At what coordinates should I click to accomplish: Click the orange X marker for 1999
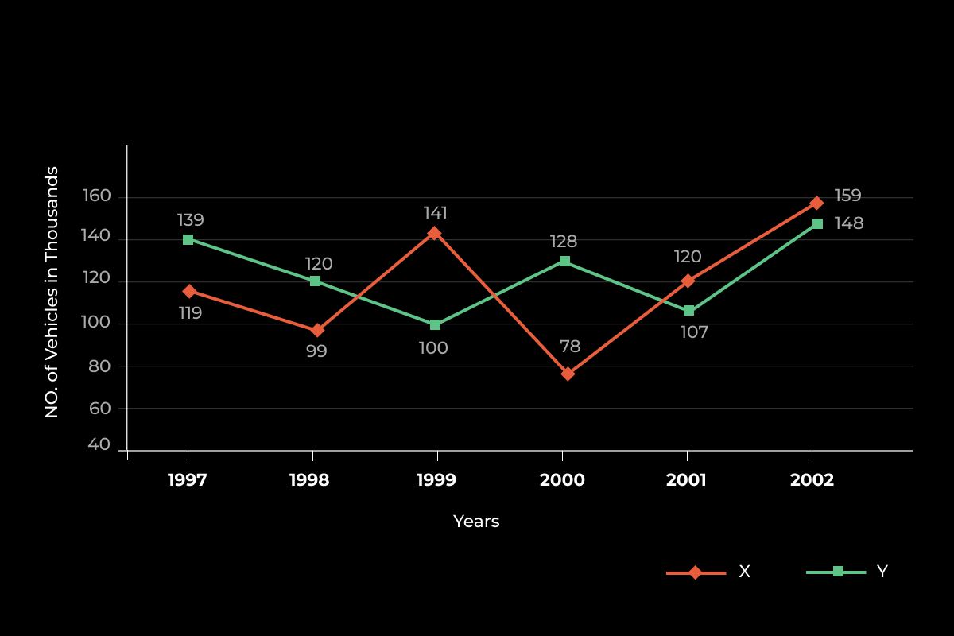click(434, 233)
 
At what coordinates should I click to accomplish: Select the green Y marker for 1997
click(188, 239)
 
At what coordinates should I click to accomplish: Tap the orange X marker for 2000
click(568, 374)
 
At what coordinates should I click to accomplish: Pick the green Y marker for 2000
click(564, 261)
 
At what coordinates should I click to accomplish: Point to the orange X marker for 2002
click(816, 203)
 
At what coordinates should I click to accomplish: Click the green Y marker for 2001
click(688, 310)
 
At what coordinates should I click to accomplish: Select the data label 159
click(847, 196)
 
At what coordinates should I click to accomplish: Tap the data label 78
click(570, 347)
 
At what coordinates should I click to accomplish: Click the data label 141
click(435, 213)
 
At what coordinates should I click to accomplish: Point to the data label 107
click(694, 332)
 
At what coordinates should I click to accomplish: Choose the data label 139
click(190, 220)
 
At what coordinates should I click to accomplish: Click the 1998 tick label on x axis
click(309, 480)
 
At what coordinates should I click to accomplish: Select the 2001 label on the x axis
click(686, 480)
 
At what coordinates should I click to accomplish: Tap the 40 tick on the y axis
click(99, 444)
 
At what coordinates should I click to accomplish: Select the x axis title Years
click(476, 522)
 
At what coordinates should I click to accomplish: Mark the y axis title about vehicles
click(52, 292)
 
